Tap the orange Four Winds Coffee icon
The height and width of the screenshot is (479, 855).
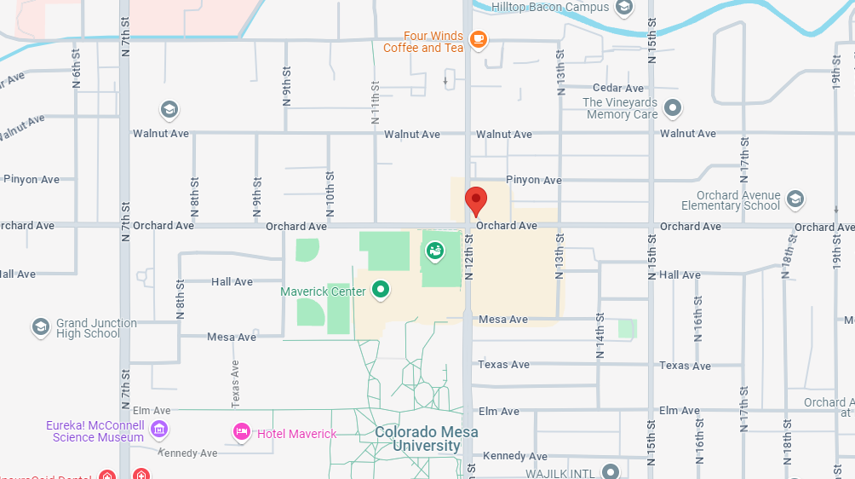coord(479,40)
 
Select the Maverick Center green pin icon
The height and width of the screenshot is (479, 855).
coord(381,291)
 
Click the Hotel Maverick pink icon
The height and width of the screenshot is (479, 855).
coord(242,433)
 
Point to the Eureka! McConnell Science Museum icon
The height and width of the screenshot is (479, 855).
coord(158,428)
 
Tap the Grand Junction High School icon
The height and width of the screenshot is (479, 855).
coord(40,327)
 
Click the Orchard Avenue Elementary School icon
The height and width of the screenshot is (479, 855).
coord(795,199)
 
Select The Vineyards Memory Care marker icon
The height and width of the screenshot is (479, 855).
coord(673,108)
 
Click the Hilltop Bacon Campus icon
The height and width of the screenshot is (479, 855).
coord(624,8)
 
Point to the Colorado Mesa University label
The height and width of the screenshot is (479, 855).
coord(427,439)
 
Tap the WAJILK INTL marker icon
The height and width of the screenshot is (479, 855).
coord(611,471)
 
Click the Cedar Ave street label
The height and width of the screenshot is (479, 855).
coord(618,89)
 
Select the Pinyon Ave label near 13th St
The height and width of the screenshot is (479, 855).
coord(534,181)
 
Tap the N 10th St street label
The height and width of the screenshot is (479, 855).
coord(330,195)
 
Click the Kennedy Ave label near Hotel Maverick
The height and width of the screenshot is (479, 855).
coord(188,453)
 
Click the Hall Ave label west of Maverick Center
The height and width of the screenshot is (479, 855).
coord(232,282)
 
